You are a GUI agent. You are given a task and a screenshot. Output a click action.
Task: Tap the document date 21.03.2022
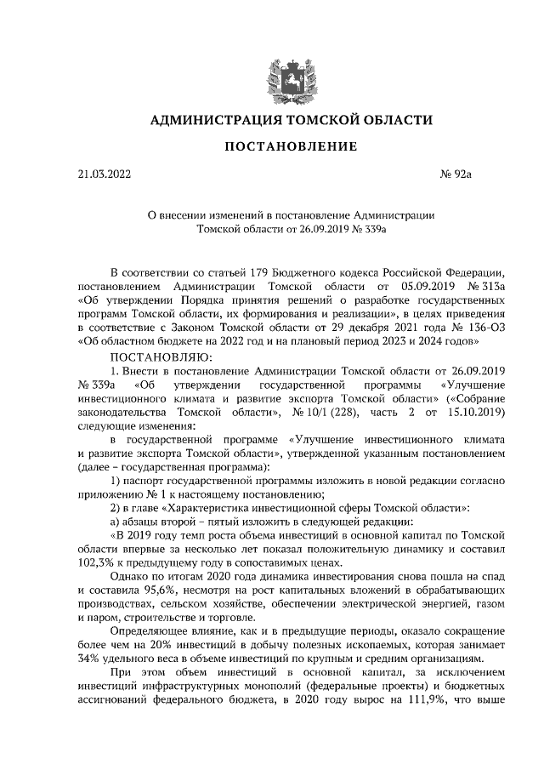point(105,174)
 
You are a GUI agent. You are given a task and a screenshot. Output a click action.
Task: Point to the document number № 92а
point(455,174)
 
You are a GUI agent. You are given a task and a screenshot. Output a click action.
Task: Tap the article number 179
point(260,273)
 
